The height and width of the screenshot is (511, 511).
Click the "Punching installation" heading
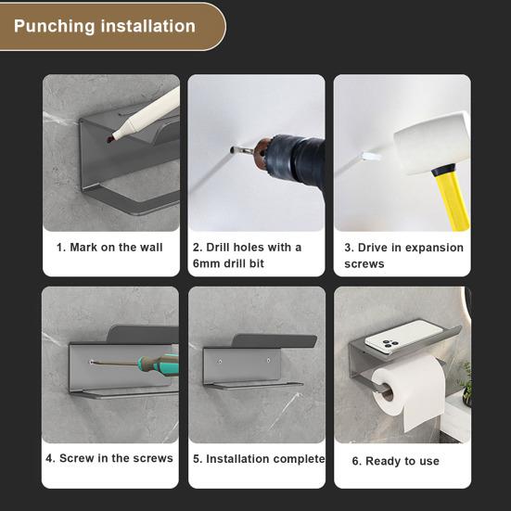coord(105,26)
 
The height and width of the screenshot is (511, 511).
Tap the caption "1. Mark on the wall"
coord(109,248)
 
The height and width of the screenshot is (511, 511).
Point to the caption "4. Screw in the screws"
coord(109,458)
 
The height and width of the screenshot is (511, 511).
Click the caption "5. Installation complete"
coord(259,459)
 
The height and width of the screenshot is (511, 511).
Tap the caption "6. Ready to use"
coord(396,461)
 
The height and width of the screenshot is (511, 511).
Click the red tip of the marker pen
coord(109,138)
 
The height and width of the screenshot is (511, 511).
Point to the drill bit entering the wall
coord(241,150)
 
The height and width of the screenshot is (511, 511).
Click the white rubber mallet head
coord(432,142)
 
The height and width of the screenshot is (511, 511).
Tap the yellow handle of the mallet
coord(453,198)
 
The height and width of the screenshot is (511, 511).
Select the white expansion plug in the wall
coord(372,157)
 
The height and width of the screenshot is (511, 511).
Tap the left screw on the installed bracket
coord(220,362)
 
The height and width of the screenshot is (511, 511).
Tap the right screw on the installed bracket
coord(269,361)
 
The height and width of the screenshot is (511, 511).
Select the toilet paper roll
coord(409,392)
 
